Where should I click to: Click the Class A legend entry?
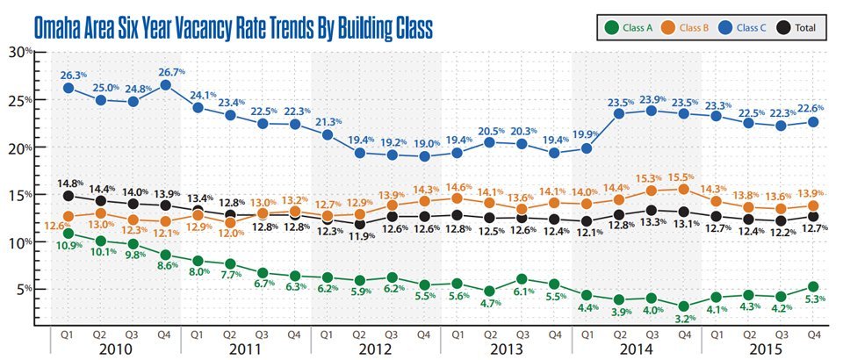629,28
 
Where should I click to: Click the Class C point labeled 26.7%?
166,85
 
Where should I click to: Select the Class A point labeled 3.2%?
684,306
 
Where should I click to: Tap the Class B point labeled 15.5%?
684,189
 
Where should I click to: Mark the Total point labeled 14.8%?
68,196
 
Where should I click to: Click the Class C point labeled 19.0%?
424,156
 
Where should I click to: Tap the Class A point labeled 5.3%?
813,286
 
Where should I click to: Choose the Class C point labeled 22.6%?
813,122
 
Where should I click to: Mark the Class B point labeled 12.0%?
230,222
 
